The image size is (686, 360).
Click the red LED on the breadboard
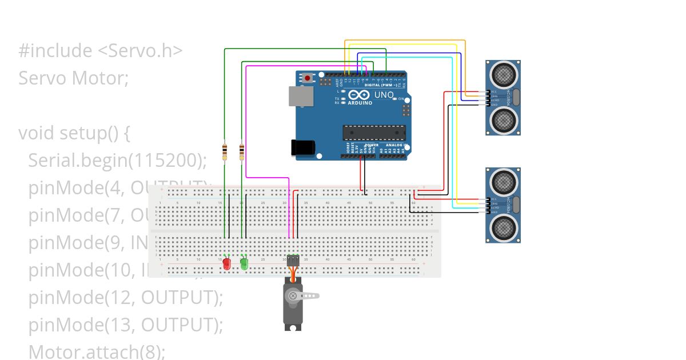[226, 264]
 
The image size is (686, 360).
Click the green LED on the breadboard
[244, 263]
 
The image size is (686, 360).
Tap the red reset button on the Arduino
[308, 77]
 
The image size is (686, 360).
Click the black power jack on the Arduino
[304, 147]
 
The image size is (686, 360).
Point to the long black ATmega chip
[374, 133]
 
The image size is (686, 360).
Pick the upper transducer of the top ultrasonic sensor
[503, 73]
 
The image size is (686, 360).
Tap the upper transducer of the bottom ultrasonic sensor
[503, 181]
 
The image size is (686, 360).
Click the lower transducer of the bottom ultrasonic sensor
[503, 227]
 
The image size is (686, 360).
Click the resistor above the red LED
[225, 152]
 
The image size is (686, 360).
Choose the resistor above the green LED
[242, 152]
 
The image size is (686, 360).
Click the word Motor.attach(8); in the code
[96, 351]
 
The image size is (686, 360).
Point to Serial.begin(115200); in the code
[117, 161]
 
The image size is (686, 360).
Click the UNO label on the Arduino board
[384, 95]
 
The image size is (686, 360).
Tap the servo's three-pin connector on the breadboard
[293, 260]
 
